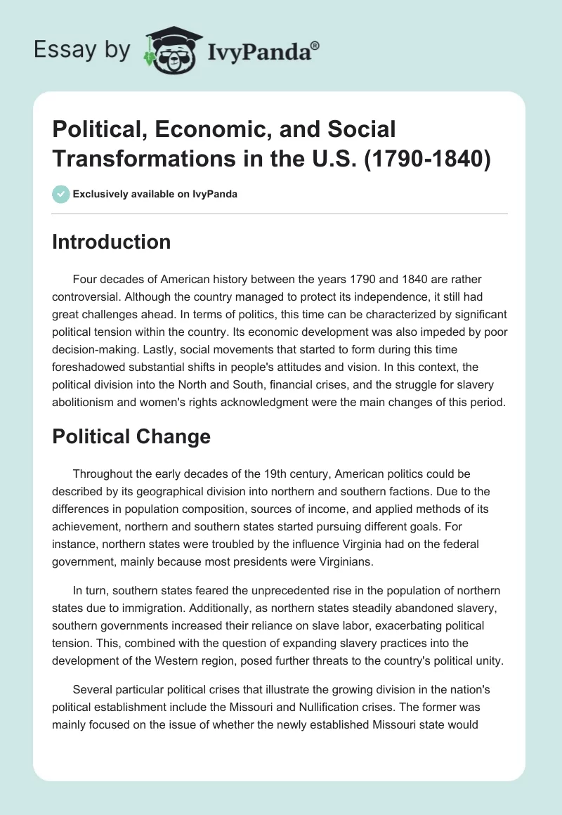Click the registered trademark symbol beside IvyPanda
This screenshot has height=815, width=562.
click(x=315, y=46)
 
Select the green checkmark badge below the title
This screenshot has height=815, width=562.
click(x=60, y=194)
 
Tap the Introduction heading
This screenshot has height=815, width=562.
click(x=112, y=242)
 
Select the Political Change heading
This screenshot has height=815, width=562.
click(x=131, y=437)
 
